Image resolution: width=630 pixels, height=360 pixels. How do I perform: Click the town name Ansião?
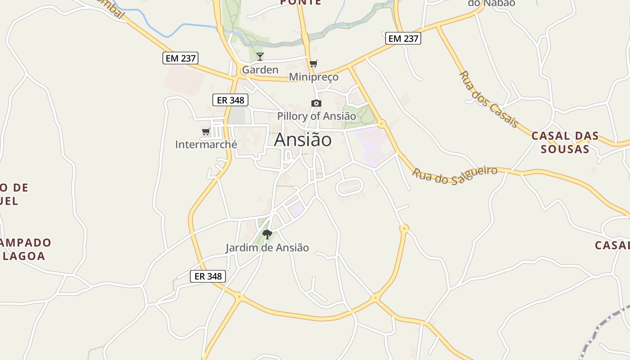pyautogui.click(x=303, y=140)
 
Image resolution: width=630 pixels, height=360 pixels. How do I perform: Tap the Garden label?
pyautogui.click(x=260, y=70)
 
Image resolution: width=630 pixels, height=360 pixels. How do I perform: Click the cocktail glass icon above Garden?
pyautogui.click(x=260, y=57)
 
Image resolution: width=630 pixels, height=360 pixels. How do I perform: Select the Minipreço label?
pyautogui.click(x=314, y=77)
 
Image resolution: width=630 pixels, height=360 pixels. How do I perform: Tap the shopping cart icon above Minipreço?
pyautogui.click(x=314, y=64)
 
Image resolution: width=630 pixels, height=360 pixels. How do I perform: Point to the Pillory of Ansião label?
pyautogui.click(x=316, y=116)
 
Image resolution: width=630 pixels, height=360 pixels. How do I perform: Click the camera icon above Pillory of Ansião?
pyautogui.click(x=316, y=103)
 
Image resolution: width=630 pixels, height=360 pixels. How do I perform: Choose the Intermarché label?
pyautogui.click(x=206, y=144)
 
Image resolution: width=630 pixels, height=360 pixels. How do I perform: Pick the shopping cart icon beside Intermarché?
pyautogui.click(x=206, y=132)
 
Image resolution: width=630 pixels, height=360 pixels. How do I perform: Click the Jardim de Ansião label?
pyautogui.click(x=267, y=247)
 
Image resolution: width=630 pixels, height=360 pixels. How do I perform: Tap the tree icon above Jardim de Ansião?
pyautogui.click(x=267, y=234)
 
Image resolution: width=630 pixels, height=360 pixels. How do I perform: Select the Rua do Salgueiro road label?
pyautogui.click(x=455, y=175)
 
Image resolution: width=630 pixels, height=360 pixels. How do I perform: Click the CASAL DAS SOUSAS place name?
pyautogui.click(x=565, y=142)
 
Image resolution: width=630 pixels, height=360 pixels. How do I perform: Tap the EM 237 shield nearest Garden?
pyautogui.click(x=180, y=58)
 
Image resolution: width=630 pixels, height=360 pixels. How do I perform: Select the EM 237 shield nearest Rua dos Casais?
pyautogui.click(x=403, y=39)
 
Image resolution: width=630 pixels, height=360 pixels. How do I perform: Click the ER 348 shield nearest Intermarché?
pyautogui.click(x=230, y=100)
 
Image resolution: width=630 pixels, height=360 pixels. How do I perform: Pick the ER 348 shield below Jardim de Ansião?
pyautogui.click(x=208, y=276)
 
